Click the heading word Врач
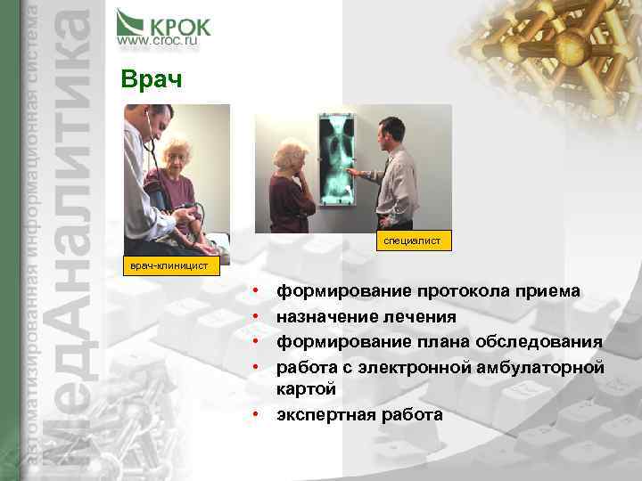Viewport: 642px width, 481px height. pos(150,80)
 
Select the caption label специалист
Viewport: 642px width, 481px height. pos(412,240)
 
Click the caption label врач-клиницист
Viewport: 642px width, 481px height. pos(169,265)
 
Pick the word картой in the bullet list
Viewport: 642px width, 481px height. pos(307,389)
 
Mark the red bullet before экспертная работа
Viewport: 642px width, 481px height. pos(255,414)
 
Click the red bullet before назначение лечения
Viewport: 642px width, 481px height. pos(255,316)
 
